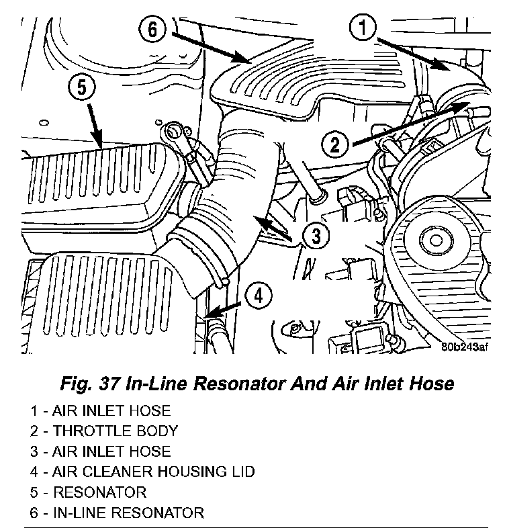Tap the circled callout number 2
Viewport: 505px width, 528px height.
(337, 144)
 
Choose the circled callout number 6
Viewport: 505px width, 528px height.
(154, 30)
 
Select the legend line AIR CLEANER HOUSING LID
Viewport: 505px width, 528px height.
(153, 472)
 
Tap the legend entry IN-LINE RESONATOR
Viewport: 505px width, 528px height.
(128, 513)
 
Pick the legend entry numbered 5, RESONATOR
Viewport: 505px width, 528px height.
(99, 492)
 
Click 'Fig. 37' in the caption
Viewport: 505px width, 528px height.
(87, 384)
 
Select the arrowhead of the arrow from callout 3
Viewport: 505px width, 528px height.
(258, 219)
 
